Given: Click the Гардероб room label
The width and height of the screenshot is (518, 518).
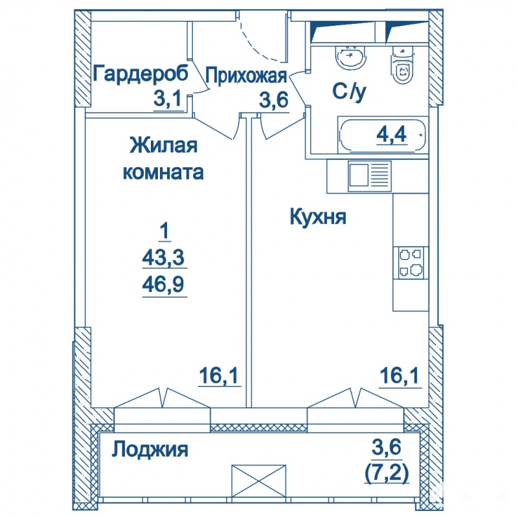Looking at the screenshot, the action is click(141, 73).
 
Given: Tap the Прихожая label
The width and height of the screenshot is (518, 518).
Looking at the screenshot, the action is click(246, 76).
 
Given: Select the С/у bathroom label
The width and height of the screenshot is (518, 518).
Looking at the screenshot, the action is click(350, 92).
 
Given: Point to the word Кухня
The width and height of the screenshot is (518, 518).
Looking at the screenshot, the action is click(318, 217).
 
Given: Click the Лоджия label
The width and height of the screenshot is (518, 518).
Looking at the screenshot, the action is click(150, 449).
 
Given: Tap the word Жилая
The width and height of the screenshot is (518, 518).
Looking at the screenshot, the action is click(164, 145).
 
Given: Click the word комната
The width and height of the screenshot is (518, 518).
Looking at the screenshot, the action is click(163, 172).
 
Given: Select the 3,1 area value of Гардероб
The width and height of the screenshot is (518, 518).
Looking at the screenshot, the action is click(168, 98).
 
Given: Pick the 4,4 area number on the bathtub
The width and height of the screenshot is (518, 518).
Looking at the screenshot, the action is click(392, 134).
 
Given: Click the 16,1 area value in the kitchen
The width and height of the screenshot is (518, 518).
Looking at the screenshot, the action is click(400, 376).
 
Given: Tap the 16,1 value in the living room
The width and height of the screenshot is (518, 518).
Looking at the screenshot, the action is click(218, 376).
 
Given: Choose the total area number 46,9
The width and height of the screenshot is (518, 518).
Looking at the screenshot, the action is click(163, 284).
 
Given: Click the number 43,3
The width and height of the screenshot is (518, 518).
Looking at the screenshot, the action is click(163, 257).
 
